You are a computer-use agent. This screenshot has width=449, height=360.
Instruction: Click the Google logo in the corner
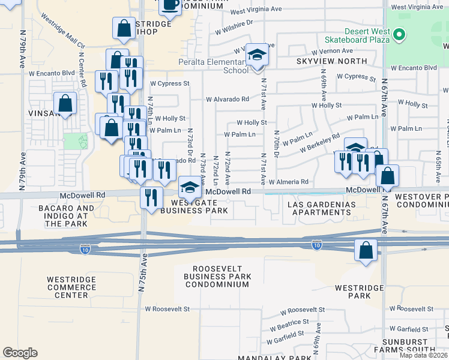point(20,352)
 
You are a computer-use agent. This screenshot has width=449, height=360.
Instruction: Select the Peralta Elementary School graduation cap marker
point(258,56)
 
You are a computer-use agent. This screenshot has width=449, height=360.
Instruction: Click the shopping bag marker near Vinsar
point(65,103)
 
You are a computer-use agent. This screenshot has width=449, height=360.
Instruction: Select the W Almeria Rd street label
point(288,182)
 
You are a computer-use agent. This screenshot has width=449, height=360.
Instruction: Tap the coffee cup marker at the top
point(170,5)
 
